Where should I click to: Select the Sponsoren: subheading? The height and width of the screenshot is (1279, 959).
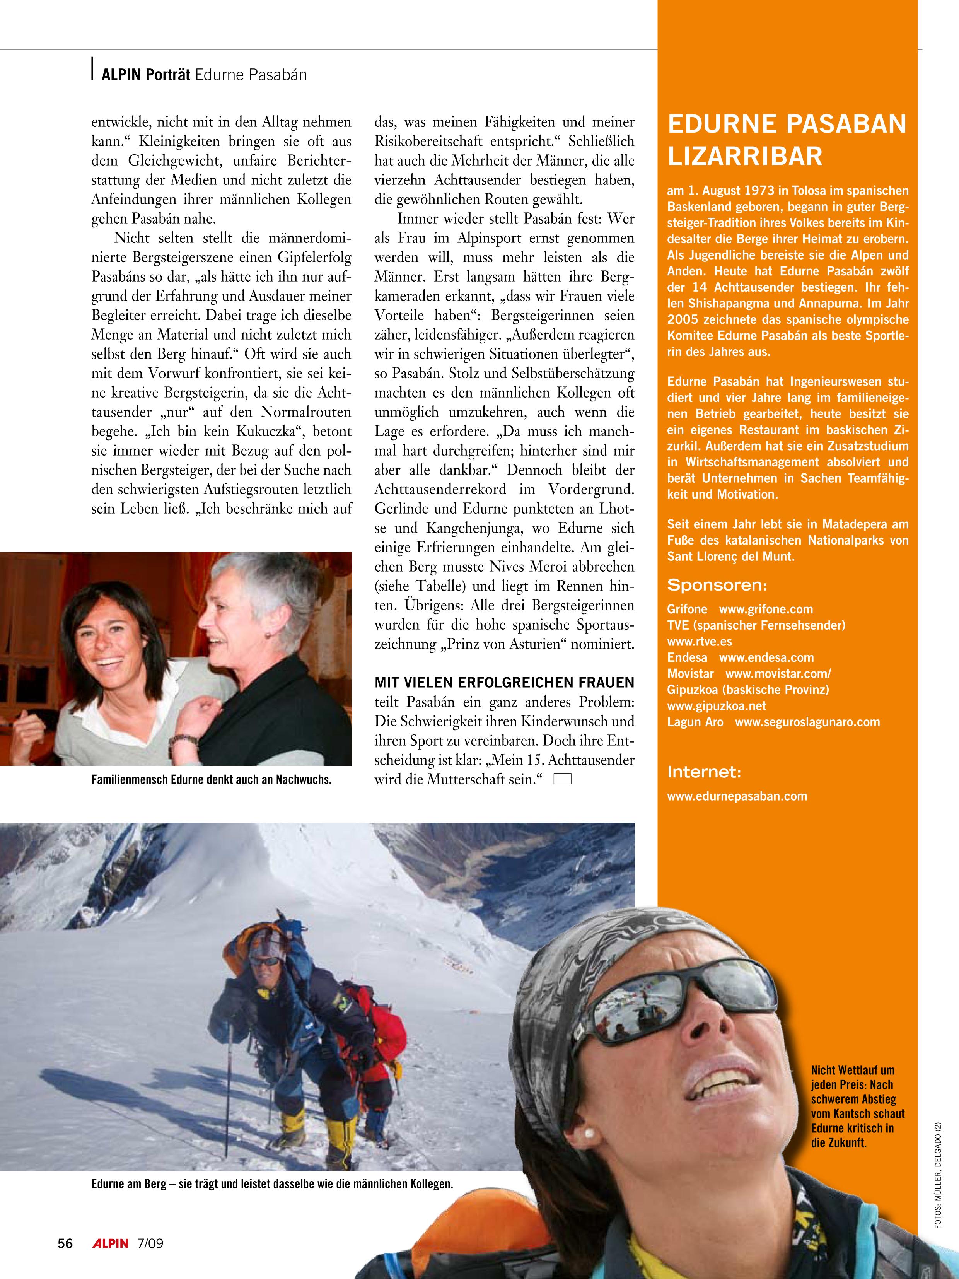(717, 585)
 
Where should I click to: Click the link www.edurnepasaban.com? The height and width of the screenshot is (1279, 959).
(737, 796)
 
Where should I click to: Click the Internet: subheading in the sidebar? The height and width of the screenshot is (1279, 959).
(704, 772)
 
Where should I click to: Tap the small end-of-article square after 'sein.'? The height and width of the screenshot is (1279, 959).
(562, 779)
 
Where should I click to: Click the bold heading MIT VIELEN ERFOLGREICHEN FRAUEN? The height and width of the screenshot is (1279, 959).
(504, 682)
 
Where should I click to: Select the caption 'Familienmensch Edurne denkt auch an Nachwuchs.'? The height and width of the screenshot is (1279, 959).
(212, 779)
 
